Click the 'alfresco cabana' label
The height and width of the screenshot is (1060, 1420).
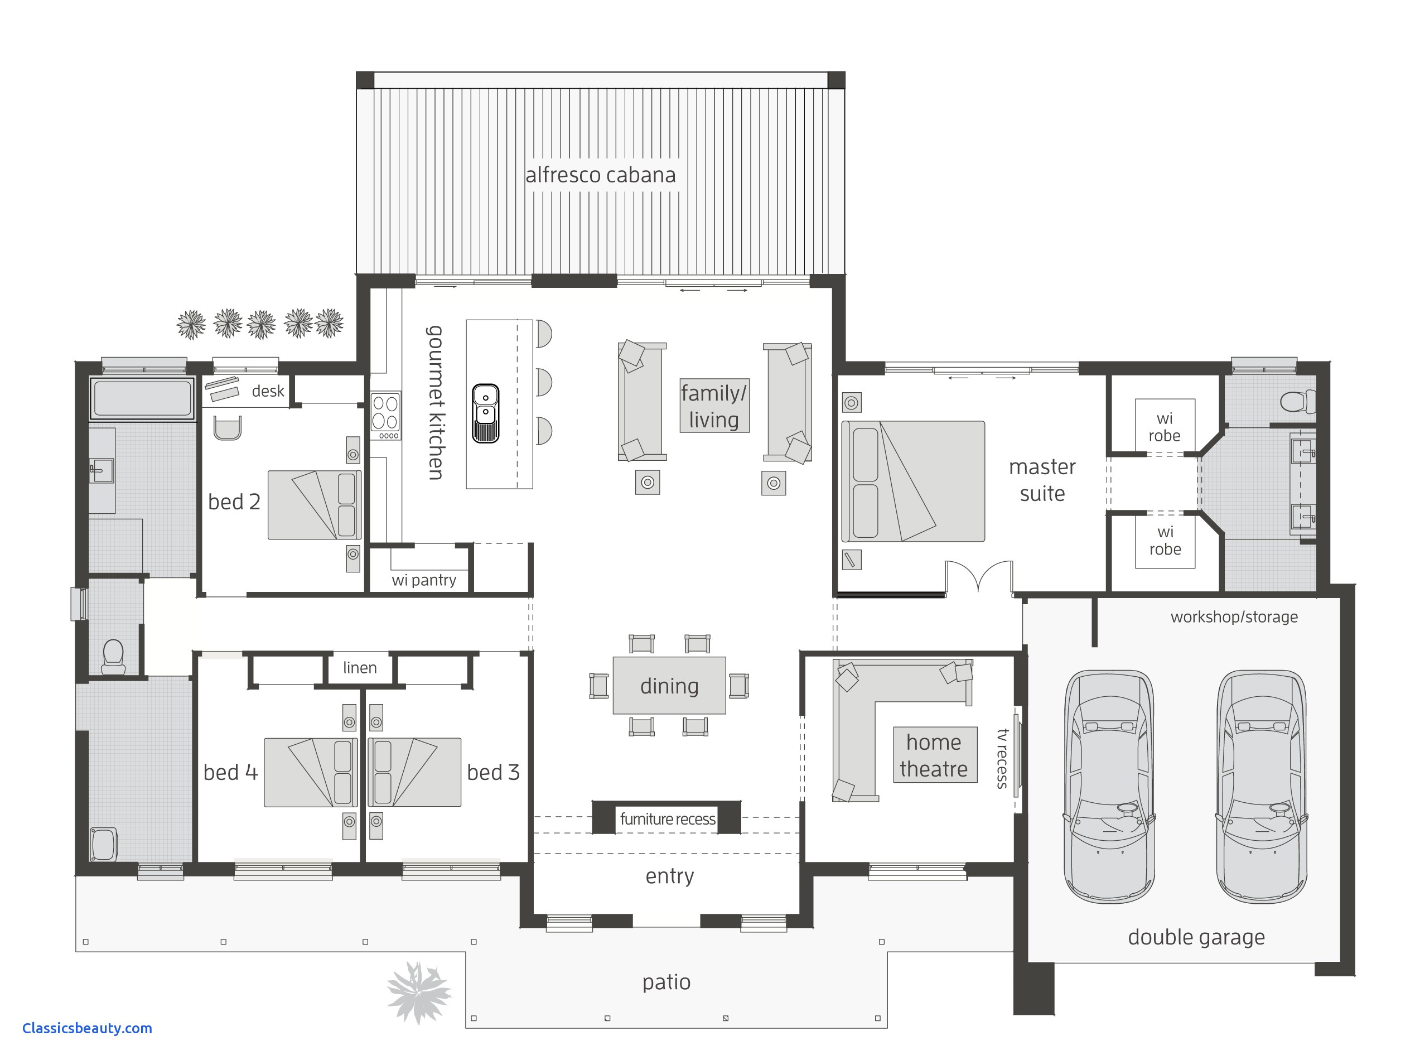(600, 175)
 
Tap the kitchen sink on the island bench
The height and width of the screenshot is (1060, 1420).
(486, 414)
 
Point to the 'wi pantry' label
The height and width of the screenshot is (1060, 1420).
(424, 580)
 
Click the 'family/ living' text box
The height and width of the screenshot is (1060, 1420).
(714, 406)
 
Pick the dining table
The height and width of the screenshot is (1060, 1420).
(669, 685)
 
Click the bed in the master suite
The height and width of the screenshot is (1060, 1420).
(912, 481)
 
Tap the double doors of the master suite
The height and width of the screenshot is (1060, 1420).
(979, 576)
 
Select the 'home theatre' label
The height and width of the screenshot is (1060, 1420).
(934, 755)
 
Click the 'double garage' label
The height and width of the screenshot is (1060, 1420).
(1196, 937)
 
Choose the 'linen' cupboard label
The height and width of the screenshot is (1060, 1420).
(360, 667)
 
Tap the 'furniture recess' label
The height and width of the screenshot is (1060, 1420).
(667, 819)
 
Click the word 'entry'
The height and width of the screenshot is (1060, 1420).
(670, 876)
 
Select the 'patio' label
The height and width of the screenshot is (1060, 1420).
(666, 982)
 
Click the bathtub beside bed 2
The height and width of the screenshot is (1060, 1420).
(142, 398)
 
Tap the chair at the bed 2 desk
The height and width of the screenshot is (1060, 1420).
(227, 428)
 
